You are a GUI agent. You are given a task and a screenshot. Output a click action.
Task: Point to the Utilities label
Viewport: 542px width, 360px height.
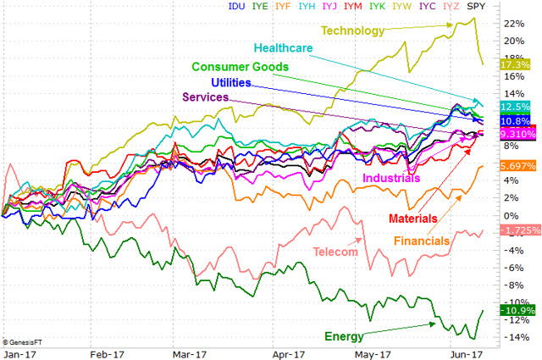coord(238,82)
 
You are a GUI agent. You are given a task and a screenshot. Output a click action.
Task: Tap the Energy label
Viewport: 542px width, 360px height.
coord(346,336)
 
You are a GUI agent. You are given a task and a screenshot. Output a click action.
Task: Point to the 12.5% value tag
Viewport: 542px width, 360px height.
coord(515,107)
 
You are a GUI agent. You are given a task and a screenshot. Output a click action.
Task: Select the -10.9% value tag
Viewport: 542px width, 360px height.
coord(515,311)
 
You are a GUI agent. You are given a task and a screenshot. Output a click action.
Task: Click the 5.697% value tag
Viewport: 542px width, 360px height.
coord(517,167)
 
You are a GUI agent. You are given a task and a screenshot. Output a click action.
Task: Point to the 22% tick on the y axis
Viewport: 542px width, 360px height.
coord(511,23)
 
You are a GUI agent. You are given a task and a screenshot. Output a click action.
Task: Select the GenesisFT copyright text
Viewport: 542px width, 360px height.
coord(22,341)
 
